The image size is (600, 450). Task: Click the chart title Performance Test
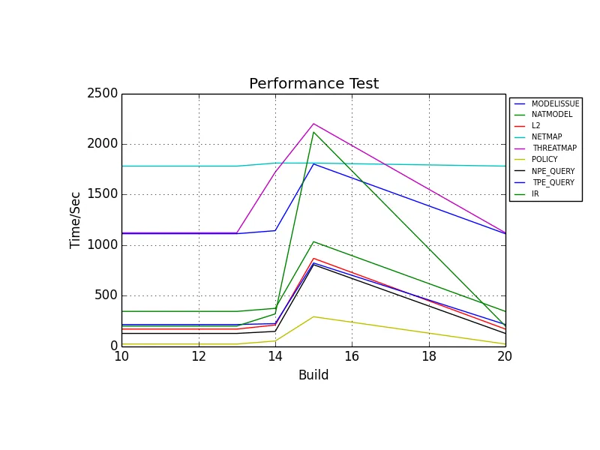point(313,84)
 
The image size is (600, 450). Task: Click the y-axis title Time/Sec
point(76,219)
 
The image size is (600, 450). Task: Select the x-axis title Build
point(313,375)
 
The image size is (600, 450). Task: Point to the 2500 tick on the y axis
point(104,94)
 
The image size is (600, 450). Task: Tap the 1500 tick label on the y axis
point(104,194)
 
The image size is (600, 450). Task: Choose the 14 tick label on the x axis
point(275,357)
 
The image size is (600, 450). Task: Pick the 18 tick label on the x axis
point(428,357)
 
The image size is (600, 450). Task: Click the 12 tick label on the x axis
point(198,357)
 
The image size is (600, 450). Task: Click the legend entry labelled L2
point(535,125)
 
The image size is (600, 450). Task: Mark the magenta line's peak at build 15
point(313,124)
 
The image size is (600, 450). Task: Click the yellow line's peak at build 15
point(313,316)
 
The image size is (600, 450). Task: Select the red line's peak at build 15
point(313,258)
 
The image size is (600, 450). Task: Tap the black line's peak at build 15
point(313,265)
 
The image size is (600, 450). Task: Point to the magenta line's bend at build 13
point(237,232)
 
